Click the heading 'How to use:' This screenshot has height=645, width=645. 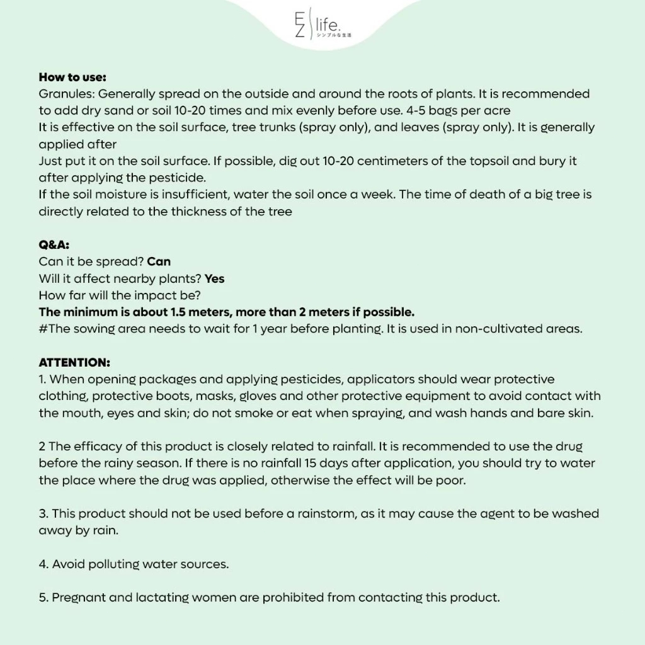click(x=72, y=77)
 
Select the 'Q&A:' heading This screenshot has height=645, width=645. click(x=54, y=246)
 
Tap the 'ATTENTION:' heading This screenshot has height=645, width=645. click(x=74, y=363)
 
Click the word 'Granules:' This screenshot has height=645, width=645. click(x=67, y=94)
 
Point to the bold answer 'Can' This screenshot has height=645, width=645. click(x=159, y=261)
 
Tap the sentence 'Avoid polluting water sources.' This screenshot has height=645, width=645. click(x=140, y=564)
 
